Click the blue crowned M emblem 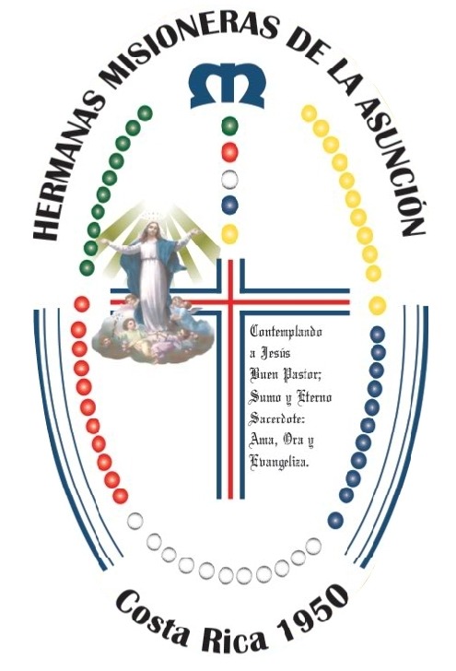pyautogui.click(x=228, y=86)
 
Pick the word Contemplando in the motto pyautogui.click(x=286, y=332)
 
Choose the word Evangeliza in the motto pyautogui.click(x=278, y=463)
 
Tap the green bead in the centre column pyautogui.click(x=229, y=125)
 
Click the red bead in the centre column pyautogui.click(x=229, y=152)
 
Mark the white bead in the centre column pyautogui.click(x=229, y=179)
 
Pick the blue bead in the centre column pyautogui.click(x=229, y=205)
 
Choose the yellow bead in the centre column pyautogui.click(x=229, y=234)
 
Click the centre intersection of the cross pyautogui.click(x=230, y=301)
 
